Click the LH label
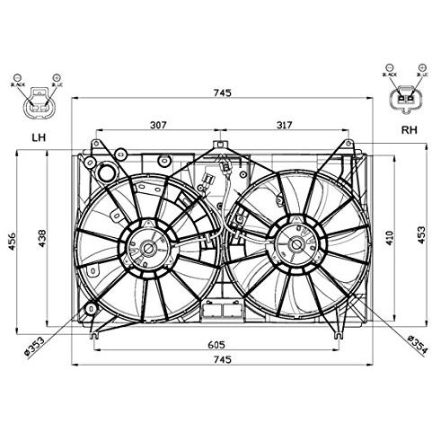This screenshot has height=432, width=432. (38, 137)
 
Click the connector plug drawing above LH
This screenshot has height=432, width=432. (38, 104)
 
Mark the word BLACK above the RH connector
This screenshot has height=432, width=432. (392, 78)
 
